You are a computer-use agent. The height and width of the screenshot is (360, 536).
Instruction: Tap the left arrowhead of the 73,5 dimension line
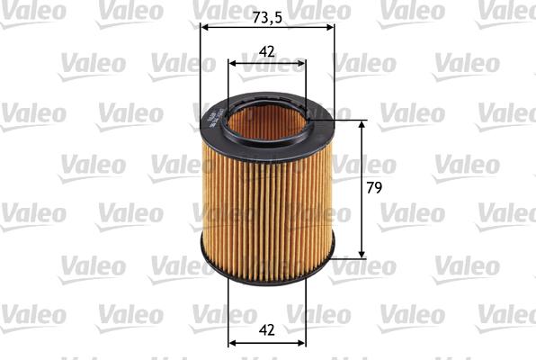202,27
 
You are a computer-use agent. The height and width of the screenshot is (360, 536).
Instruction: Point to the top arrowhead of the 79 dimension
362,123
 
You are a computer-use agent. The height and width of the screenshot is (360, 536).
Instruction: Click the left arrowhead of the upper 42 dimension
233,64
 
